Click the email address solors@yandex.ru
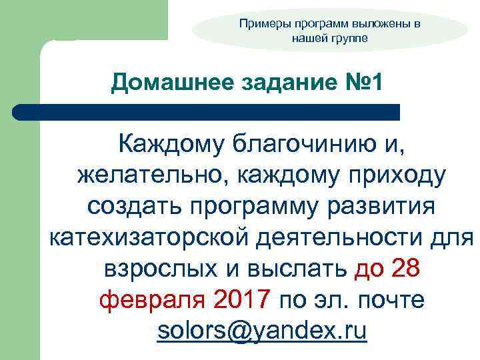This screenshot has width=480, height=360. click(x=262, y=331)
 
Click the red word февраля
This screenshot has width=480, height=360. click(x=153, y=300)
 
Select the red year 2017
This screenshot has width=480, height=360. click(x=243, y=300)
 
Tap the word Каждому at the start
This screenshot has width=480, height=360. click(x=170, y=143)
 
